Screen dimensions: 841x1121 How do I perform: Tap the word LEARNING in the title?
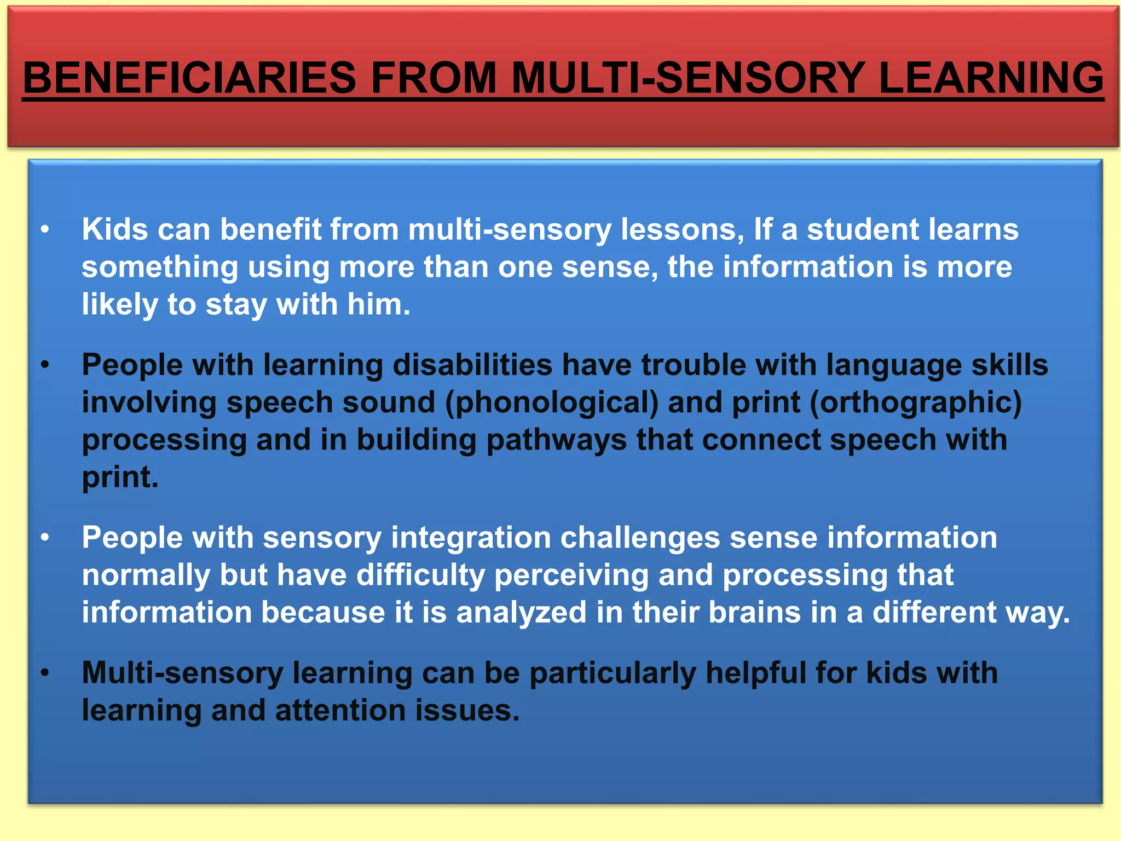point(991,78)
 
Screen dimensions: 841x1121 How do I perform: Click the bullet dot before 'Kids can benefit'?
point(45,229)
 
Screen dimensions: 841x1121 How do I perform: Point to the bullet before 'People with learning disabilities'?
point(45,365)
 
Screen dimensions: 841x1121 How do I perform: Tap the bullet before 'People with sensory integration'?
point(45,538)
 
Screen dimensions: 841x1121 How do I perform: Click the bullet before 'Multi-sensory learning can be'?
point(45,673)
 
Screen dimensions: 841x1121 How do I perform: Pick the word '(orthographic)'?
point(915,403)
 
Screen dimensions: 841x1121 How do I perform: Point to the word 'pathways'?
point(556,440)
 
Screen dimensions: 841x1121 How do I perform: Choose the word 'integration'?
point(471,538)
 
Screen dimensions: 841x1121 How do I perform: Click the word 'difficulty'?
point(420,575)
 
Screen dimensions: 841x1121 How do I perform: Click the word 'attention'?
point(340,710)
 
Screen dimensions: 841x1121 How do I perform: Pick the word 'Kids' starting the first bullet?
point(115,229)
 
